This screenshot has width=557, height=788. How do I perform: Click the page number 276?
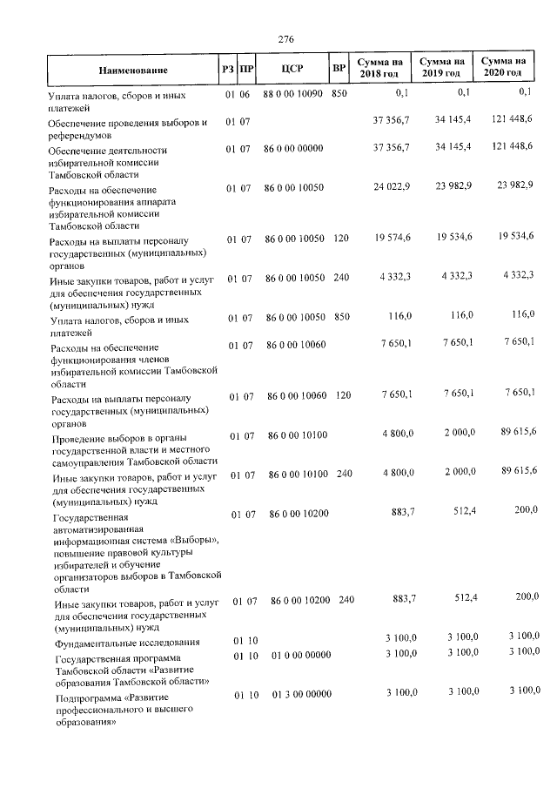click(x=285, y=38)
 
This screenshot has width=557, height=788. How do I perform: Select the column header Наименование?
click(x=132, y=69)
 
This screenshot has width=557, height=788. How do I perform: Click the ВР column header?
click(x=339, y=68)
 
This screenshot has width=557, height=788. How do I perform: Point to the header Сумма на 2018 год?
click(x=385, y=68)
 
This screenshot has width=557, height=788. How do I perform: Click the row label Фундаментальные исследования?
click(x=127, y=643)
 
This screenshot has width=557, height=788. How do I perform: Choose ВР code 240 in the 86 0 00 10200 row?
click(x=346, y=600)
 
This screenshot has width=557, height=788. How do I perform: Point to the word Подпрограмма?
click(x=89, y=697)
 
